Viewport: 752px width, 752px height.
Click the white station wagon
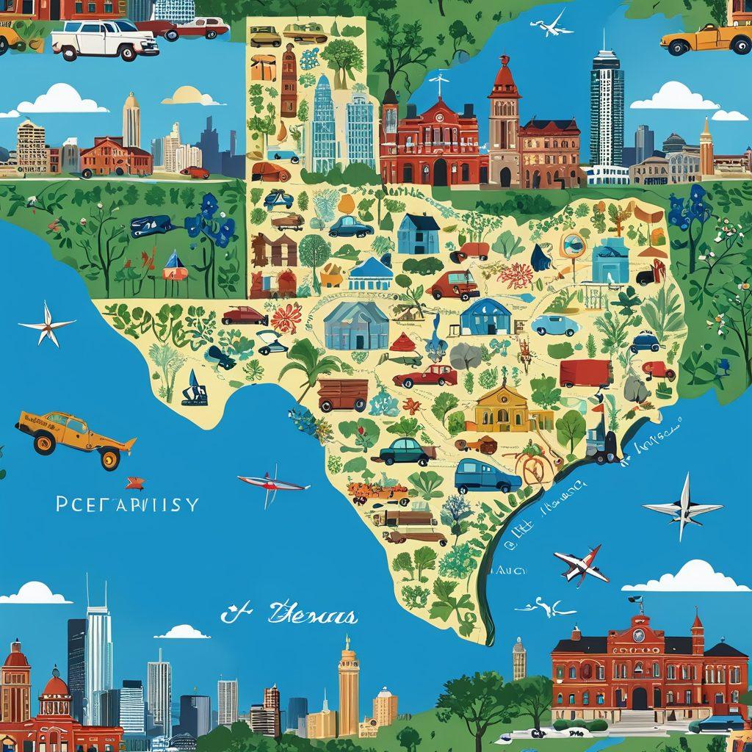tap(105, 40)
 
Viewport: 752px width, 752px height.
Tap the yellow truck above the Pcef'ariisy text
tap(73, 438)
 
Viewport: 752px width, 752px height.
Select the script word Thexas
tap(312, 614)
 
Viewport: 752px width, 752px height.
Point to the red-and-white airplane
tap(582, 564)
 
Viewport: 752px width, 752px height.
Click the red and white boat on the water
tap(272, 482)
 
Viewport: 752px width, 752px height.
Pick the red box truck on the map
tap(585, 373)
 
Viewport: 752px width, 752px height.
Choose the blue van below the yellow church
tap(486, 477)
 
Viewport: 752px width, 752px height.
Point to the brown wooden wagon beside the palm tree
tap(343, 394)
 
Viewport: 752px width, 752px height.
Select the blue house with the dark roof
tap(419, 234)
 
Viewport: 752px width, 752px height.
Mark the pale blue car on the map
tap(555, 324)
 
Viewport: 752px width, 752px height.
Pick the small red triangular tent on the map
tap(403, 342)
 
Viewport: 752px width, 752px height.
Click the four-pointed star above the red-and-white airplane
tap(681, 507)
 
